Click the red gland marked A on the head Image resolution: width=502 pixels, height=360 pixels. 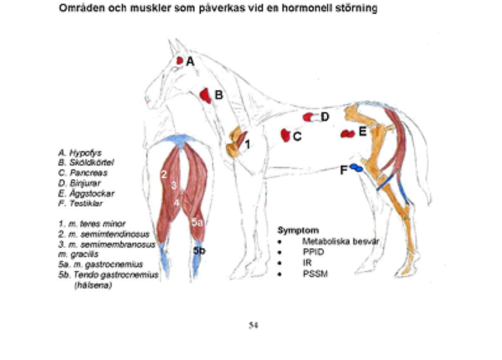click(179, 60)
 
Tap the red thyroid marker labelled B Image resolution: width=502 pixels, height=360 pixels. click(205, 95)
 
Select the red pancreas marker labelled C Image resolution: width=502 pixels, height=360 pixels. click(286, 135)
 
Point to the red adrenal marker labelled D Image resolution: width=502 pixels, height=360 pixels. click(308, 117)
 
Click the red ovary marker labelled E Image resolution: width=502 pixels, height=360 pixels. click(347, 133)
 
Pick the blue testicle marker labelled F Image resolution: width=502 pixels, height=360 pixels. click(356, 167)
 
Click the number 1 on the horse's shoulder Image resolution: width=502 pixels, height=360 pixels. click(248, 144)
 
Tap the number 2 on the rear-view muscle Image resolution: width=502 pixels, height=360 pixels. click(163, 174)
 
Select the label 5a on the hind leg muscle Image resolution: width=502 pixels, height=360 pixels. click(197, 222)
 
